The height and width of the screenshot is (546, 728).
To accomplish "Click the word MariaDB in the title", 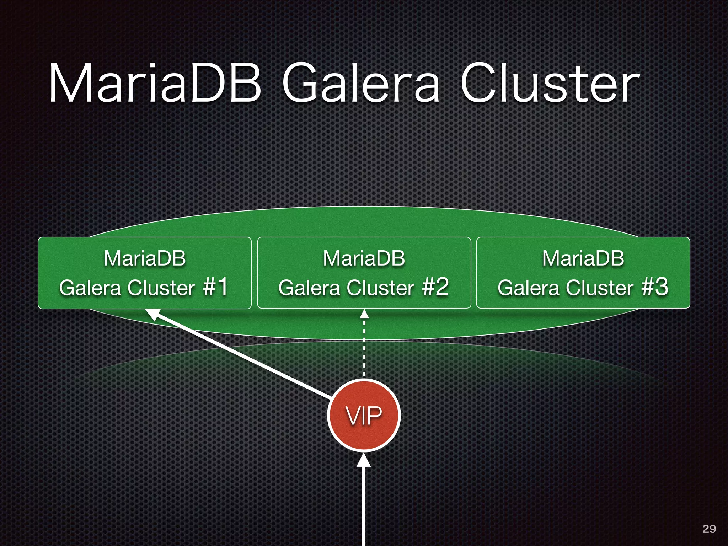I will [x=155, y=83].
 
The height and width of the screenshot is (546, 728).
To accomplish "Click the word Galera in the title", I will [x=361, y=83].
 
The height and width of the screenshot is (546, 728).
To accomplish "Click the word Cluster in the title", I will [x=550, y=83].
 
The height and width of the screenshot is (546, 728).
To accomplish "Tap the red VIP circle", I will [x=364, y=415].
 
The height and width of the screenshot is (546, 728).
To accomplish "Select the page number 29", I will [x=709, y=529].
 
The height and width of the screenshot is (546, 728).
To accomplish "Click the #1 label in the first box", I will [x=215, y=287].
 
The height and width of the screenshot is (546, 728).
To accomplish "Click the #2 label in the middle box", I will [x=435, y=287].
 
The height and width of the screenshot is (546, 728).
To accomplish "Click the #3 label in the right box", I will [x=655, y=287].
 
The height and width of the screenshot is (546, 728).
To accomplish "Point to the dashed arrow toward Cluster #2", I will [x=364, y=348].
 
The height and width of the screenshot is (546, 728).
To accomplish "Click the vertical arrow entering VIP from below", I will [x=364, y=505].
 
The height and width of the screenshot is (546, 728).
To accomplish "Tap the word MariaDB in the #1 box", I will [x=145, y=258].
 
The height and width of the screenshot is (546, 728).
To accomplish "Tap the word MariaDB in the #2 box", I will [x=364, y=258].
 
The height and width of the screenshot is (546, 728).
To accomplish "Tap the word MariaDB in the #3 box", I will [x=583, y=258].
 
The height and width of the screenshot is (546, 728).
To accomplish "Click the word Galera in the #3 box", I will [x=528, y=288].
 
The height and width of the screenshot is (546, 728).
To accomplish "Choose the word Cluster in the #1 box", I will [x=161, y=288].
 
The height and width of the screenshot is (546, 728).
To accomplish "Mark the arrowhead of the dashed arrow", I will [x=364, y=314].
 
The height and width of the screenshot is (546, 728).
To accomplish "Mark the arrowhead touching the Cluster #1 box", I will [x=154, y=314].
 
